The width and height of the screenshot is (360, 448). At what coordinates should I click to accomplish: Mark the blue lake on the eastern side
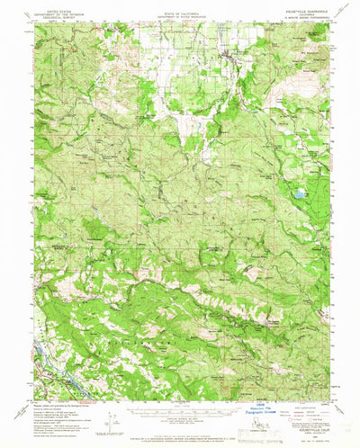click(295, 193)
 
